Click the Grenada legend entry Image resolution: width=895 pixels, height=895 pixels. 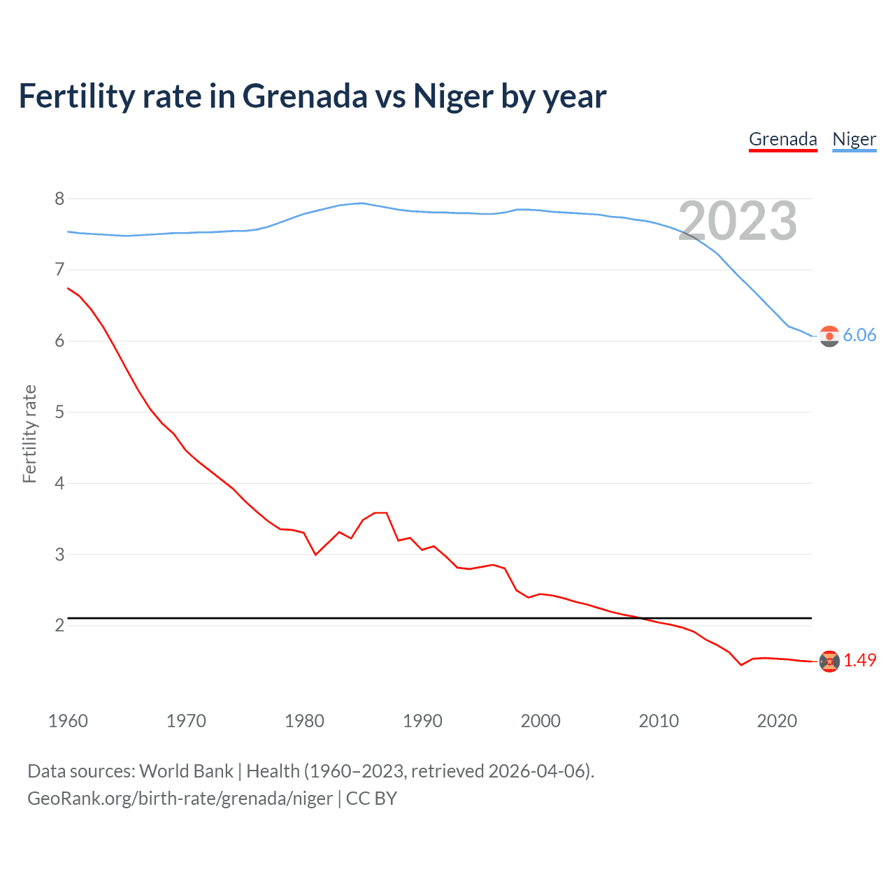point(782,139)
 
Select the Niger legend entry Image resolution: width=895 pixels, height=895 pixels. point(854,139)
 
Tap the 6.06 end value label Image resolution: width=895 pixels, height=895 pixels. point(859,335)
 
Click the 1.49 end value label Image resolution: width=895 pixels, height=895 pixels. point(859,660)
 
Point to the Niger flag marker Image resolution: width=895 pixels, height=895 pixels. point(829,336)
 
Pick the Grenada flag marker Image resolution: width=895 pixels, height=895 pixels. point(829,661)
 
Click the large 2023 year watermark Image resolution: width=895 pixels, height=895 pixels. point(738,221)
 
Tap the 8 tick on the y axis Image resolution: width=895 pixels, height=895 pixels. point(59,199)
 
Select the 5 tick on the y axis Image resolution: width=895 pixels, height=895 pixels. point(59,412)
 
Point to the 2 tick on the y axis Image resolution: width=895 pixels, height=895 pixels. point(59,625)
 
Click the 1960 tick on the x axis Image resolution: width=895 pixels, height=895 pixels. point(68,721)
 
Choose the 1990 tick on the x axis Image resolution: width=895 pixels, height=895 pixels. point(422,721)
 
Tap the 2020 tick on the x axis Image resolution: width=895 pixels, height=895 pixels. point(777,721)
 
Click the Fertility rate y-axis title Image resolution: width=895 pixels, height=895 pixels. point(29,434)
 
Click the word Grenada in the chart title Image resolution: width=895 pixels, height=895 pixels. point(305,96)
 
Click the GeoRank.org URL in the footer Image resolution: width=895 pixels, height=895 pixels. point(180,799)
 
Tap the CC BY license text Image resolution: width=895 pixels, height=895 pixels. point(371,799)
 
